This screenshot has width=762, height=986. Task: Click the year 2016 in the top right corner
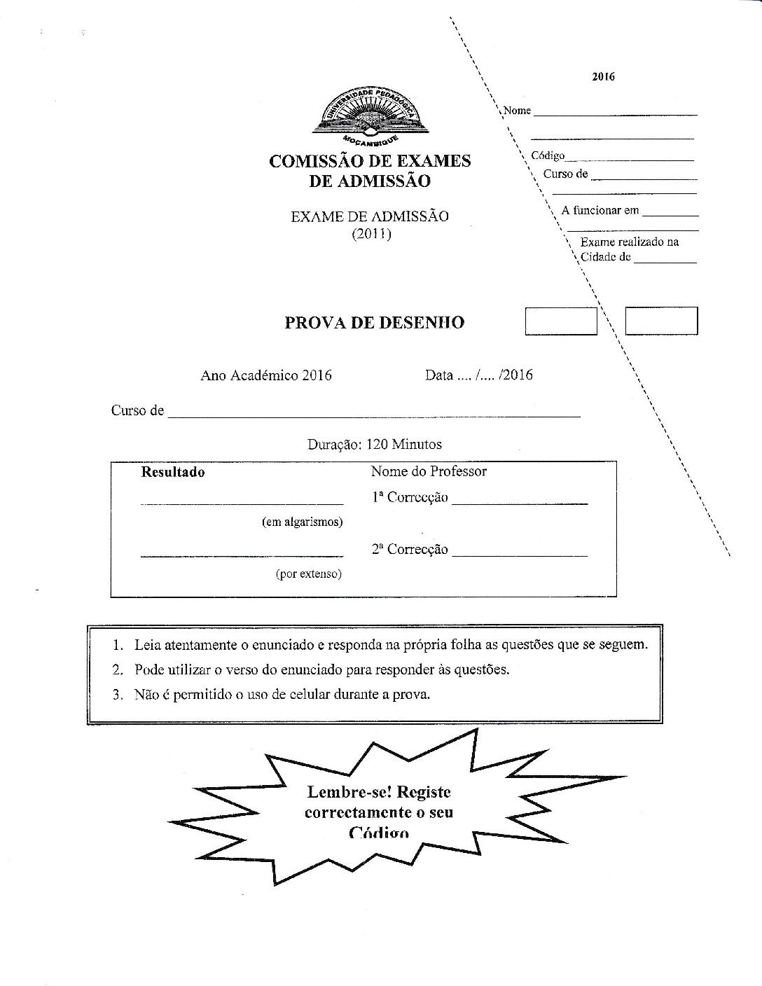[x=603, y=77]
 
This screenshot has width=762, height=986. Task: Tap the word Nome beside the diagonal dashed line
[x=518, y=111]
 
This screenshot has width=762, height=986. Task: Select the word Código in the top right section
[x=548, y=155]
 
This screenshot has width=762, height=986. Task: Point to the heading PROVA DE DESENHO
[x=375, y=323]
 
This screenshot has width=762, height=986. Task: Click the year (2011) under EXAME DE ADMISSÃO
[x=371, y=233]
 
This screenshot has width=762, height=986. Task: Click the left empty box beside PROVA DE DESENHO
[x=561, y=321]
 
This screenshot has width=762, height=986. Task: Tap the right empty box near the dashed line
[x=661, y=321]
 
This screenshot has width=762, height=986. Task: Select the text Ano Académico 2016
[x=266, y=375]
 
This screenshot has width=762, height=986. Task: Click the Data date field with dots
[x=478, y=375]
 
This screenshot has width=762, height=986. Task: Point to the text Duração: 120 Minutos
[x=375, y=445]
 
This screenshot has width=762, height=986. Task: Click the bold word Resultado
[x=173, y=472]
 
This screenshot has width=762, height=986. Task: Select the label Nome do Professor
[x=429, y=471]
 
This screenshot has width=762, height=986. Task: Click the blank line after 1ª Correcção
[x=520, y=500]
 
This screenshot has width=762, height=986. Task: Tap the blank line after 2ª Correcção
[x=520, y=552]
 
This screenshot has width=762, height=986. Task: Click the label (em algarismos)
[x=303, y=522]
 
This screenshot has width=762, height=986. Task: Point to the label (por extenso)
[x=308, y=574]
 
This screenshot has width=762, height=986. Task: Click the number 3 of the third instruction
[x=117, y=695]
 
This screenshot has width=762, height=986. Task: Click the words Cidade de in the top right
[x=606, y=257]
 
